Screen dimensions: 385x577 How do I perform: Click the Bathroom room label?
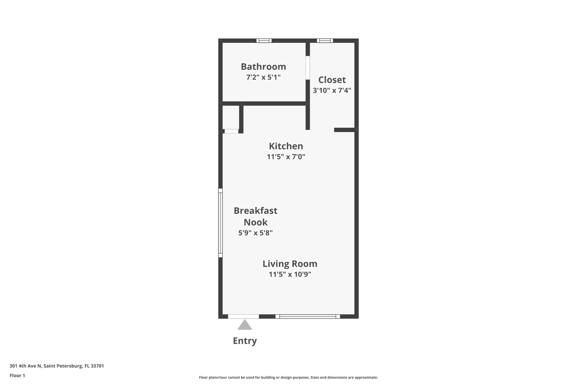263,66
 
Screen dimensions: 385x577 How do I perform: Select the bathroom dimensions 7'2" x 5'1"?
263,77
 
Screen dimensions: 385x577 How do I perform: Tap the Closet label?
332,80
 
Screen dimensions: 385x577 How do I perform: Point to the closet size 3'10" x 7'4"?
332,90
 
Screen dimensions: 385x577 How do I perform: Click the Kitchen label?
286,146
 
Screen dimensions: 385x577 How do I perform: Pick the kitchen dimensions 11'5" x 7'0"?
286,157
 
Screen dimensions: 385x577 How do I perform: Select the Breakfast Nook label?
255,216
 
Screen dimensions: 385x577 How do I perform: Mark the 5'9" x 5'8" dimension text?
255,233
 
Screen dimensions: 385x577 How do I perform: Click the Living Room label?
290,264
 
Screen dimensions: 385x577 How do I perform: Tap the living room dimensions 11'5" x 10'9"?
290,274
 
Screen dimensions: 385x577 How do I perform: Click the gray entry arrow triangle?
245,325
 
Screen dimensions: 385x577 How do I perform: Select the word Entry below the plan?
245,341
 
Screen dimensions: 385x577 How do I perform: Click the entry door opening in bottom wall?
243,316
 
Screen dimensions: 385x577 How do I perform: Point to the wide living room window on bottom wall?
307,316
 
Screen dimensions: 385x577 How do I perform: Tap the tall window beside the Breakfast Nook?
220,223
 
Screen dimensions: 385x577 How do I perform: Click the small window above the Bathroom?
264,41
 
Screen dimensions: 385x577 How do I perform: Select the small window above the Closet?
325,41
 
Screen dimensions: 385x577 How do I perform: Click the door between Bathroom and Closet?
307,68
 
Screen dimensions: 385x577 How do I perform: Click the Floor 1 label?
17,375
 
